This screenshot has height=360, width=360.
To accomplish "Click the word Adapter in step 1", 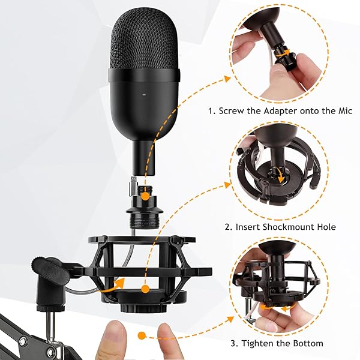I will (x=281, y=111).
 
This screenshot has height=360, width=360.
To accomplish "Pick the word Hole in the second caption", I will (x=323, y=227).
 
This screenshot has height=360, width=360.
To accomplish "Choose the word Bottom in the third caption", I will (x=307, y=343).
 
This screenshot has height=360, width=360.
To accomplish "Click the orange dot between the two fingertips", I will (x=142, y=335).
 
